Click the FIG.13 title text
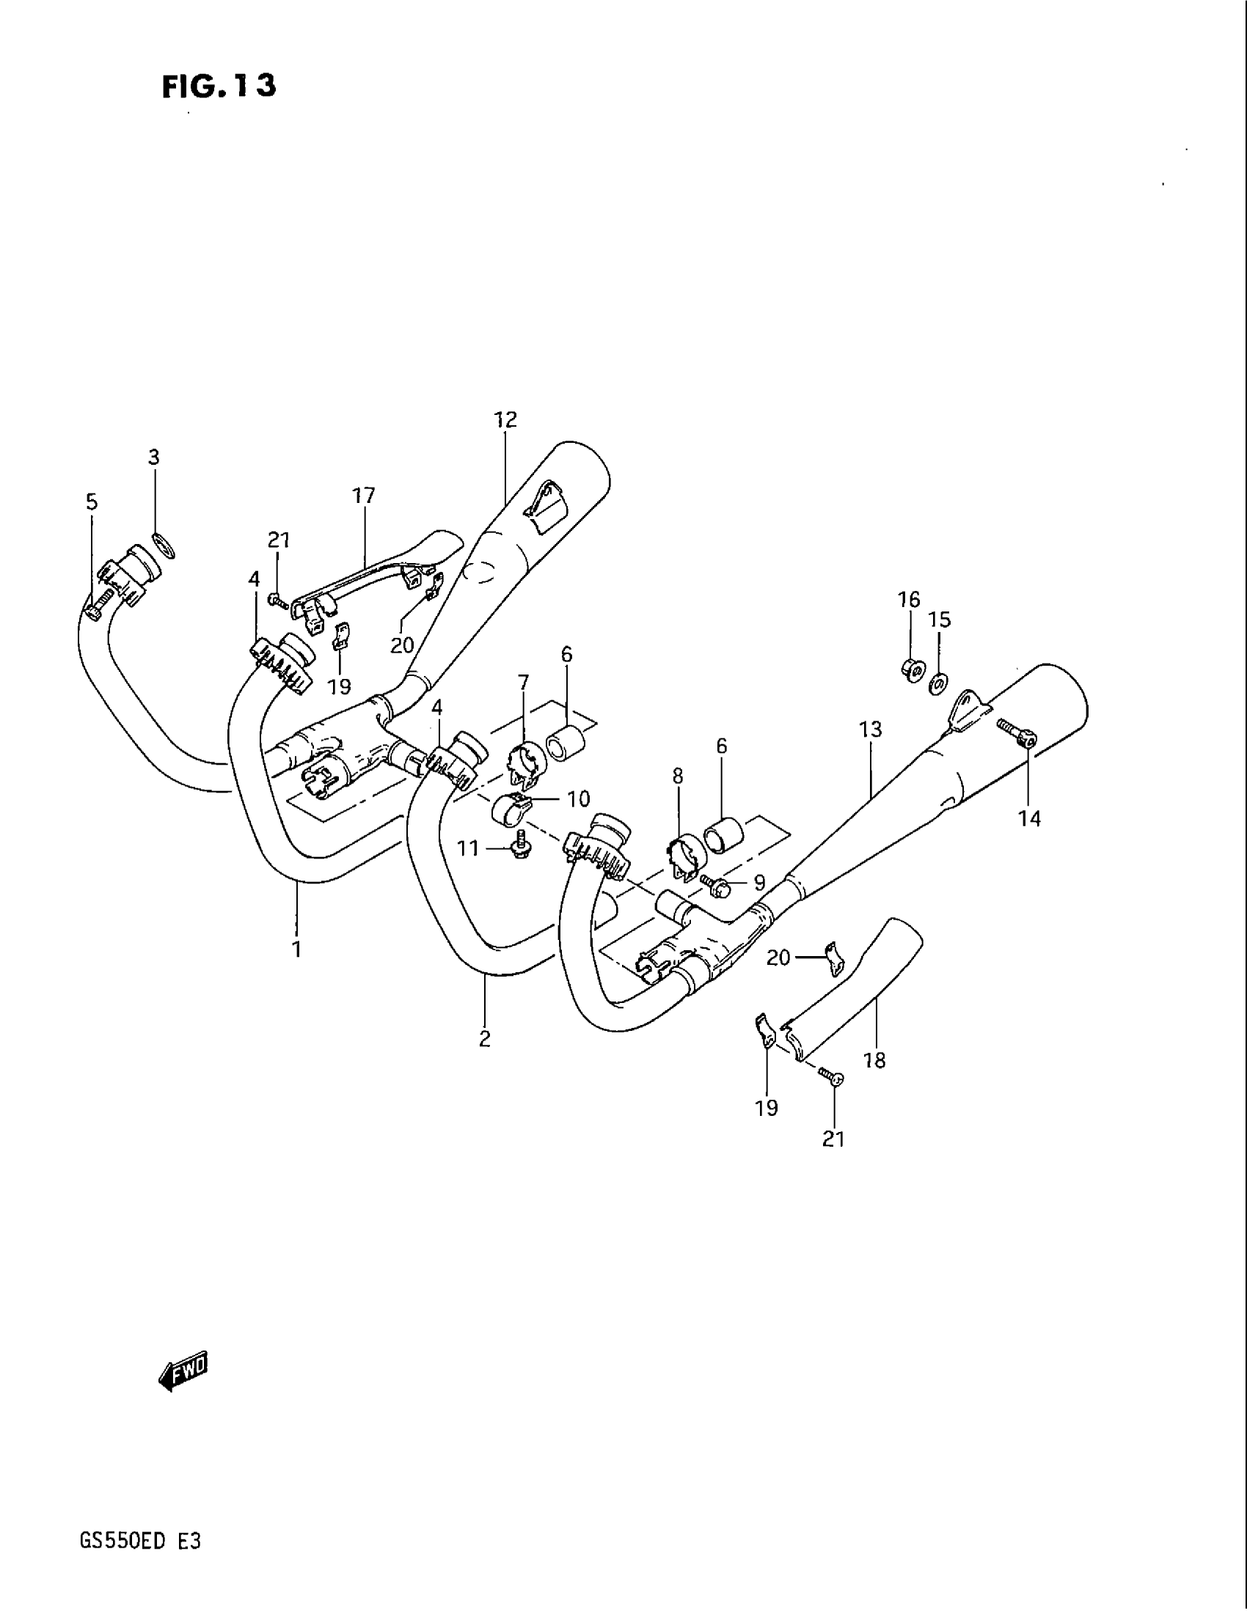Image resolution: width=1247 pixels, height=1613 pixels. click(x=219, y=87)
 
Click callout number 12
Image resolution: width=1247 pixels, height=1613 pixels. click(x=505, y=419)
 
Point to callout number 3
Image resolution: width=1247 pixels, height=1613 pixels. click(x=153, y=458)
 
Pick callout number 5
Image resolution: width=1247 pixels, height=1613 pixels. click(x=91, y=502)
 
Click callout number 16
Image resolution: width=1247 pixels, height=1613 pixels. click(x=910, y=599)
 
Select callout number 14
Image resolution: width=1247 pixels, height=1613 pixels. click(x=1029, y=817)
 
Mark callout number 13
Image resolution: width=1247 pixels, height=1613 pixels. click(x=871, y=730)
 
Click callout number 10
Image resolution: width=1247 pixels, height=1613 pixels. click(x=579, y=798)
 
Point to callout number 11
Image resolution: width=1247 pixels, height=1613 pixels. click(x=469, y=848)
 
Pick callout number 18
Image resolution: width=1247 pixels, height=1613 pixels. click(x=874, y=1060)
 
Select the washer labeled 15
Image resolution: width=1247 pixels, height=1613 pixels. click(x=937, y=684)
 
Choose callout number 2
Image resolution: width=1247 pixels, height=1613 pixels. click(x=485, y=1039)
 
